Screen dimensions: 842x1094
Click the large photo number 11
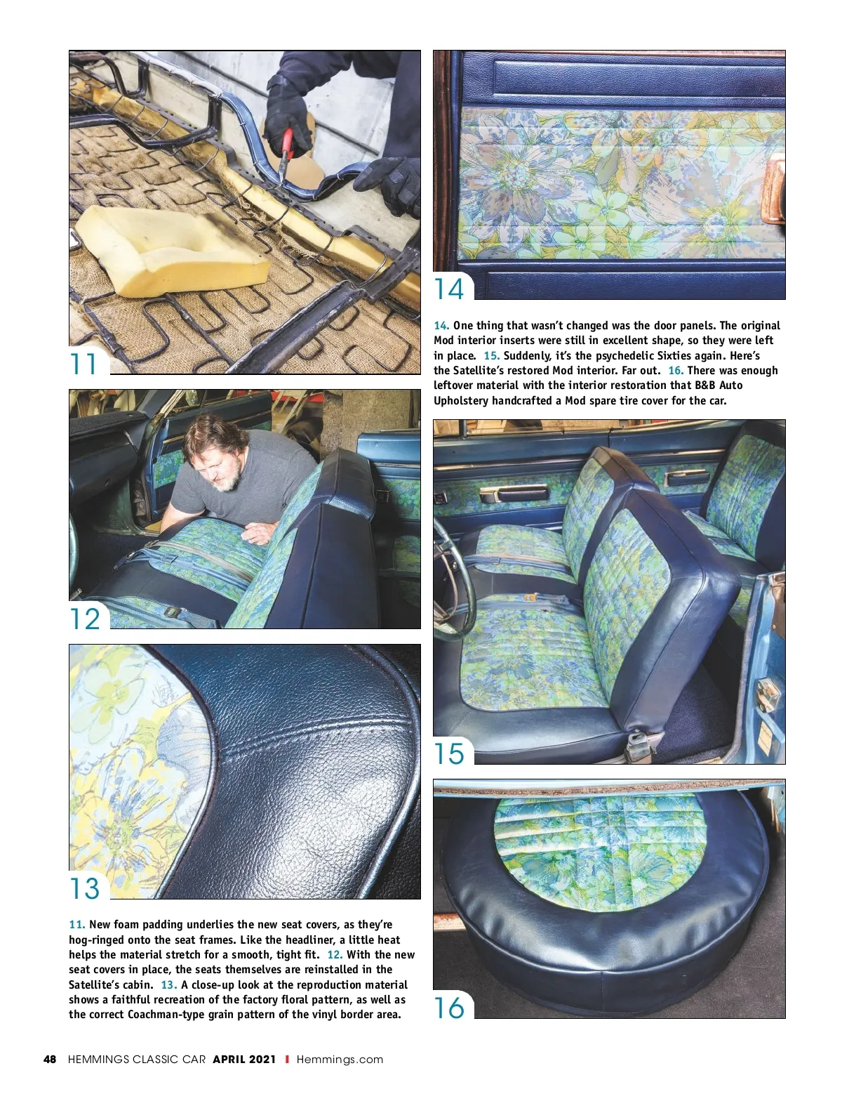[x=83, y=364]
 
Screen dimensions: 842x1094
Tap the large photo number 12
[x=85, y=619]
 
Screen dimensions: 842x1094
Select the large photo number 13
[x=85, y=888]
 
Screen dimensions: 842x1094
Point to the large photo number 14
[x=448, y=289]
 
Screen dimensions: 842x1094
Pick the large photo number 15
[x=449, y=753]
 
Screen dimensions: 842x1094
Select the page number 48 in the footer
[x=50, y=1060]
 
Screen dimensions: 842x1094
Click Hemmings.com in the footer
[x=340, y=1060]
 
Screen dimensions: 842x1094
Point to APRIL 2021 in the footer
[x=244, y=1060]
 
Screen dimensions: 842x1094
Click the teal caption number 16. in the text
[x=676, y=371]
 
